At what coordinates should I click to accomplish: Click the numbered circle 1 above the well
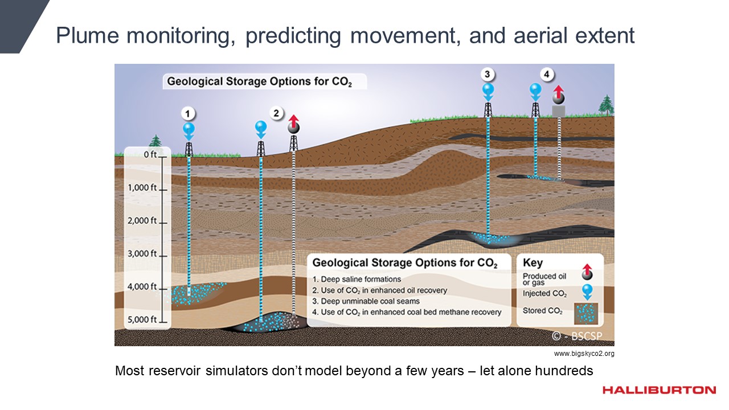click(187, 114)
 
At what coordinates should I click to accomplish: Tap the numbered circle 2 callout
click(276, 113)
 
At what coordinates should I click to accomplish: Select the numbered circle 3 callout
click(487, 75)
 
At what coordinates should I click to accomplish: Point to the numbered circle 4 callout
click(547, 75)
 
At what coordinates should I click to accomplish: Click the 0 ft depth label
click(150, 154)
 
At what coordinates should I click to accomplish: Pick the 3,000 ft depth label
click(142, 253)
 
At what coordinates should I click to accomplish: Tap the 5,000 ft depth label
click(142, 319)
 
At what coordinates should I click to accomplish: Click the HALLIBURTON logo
click(659, 390)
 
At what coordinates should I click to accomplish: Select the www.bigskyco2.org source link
click(584, 354)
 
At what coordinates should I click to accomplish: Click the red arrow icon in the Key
click(587, 272)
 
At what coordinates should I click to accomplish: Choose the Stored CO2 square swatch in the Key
click(586, 314)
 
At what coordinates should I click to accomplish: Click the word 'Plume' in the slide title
click(88, 35)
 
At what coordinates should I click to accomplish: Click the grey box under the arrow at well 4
click(559, 111)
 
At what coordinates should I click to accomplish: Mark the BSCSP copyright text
click(577, 336)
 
